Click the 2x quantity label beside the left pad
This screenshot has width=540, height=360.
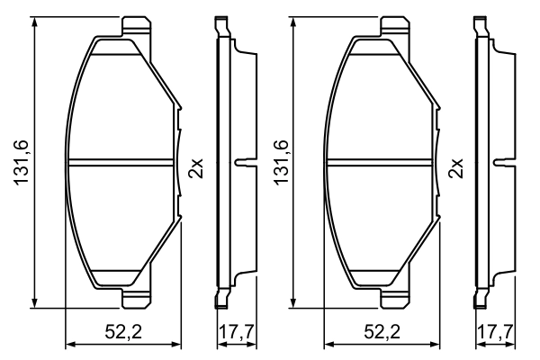pyautogui.click(x=197, y=167)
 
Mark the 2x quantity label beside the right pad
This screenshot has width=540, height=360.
pyautogui.click(x=454, y=167)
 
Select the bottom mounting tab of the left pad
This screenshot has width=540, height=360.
pyautogui.click(x=135, y=300)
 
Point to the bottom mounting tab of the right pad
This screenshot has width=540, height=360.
pyautogui.click(x=392, y=300)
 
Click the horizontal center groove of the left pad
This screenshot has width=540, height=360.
pyautogui.click(x=122, y=164)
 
